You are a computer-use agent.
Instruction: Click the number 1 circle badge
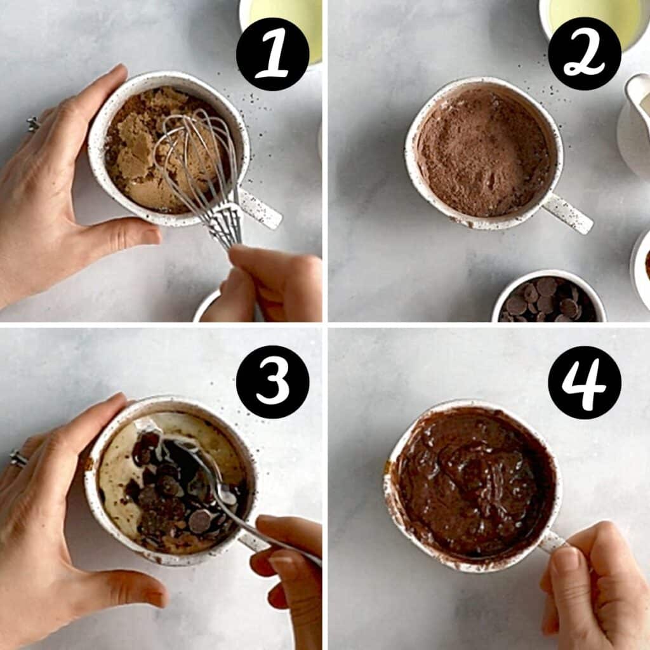tap(272, 54)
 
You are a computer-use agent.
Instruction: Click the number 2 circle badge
tap(584, 54)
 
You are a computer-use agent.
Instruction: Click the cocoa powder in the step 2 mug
tap(482, 152)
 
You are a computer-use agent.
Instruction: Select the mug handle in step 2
tap(569, 215)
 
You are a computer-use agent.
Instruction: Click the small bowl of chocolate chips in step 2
tap(547, 300)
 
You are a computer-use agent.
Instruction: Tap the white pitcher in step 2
tap(635, 127)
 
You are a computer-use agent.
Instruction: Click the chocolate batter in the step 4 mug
tap(473, 482)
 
